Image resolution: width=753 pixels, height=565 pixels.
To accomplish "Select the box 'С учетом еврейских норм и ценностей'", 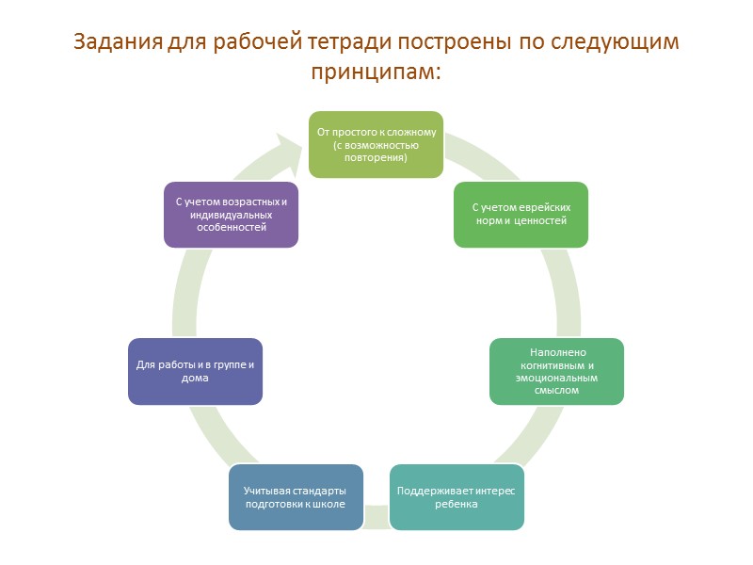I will pos(521,215).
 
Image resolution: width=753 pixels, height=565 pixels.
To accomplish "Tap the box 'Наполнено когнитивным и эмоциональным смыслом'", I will pos(556,371).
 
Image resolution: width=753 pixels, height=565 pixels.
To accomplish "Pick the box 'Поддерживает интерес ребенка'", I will pos(457,497).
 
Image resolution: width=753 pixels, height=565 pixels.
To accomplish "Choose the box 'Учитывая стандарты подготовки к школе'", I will pos(296,497).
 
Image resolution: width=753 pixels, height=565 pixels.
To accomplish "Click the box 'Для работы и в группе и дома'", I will pos(195,371).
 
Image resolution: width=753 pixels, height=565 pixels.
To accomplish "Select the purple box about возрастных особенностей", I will pos(232,215).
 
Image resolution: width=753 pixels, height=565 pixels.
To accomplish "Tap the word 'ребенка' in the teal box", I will pos(457,504).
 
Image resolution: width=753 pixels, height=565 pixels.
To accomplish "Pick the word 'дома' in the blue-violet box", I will pos(195,379).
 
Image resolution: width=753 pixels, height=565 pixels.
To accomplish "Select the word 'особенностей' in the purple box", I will pos(232,227).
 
